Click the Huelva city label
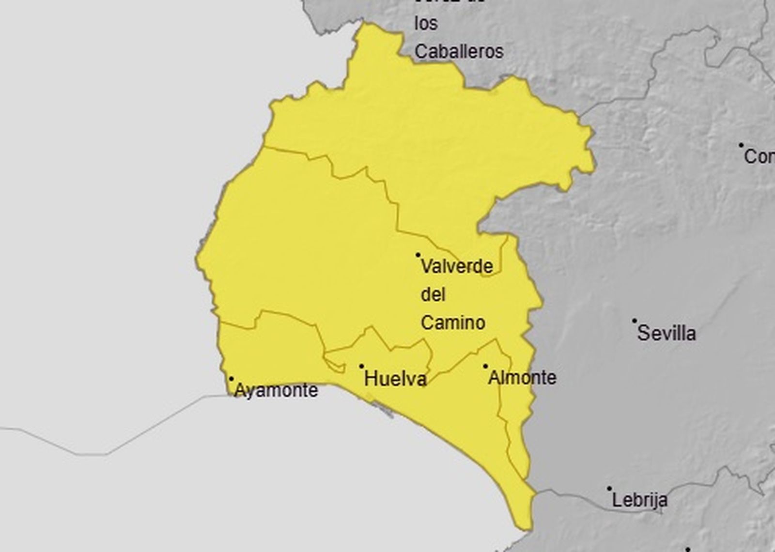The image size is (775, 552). coord(395,379)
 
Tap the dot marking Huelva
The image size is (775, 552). coord(361,366)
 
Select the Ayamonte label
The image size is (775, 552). coord(276,390)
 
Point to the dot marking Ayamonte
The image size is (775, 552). coord(231,379)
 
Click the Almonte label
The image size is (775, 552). coord(522,378)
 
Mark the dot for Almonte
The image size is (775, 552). coord(485,366)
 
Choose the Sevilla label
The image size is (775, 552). coord(666,333)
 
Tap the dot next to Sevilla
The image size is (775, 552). coord(634,321)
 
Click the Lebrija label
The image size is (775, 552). coord(639,500)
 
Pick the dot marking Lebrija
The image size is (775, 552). coord(609,489)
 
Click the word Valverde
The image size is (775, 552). coord(457,266)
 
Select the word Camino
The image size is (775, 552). coord(453,322)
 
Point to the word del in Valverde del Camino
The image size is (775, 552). coord(433,294)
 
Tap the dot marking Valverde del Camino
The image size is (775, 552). coord(418,255)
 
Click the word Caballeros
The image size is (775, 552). coord(459,51)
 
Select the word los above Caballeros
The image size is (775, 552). coord(426,23)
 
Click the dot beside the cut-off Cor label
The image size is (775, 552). coord(741,144)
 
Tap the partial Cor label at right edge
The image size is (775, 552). coord(759,156)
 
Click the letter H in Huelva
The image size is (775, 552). coord(371,379)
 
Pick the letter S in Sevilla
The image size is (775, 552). coord(643,333)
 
